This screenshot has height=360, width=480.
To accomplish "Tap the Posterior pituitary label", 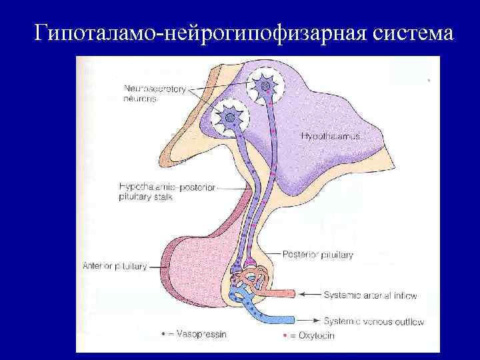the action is pyautogui.click(x=318, y=254).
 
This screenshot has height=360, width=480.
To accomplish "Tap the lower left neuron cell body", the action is pyautogui.click(x=229, y=118).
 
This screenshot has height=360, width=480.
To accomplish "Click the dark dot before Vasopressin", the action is pyautogui.click(x=164, y=333).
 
